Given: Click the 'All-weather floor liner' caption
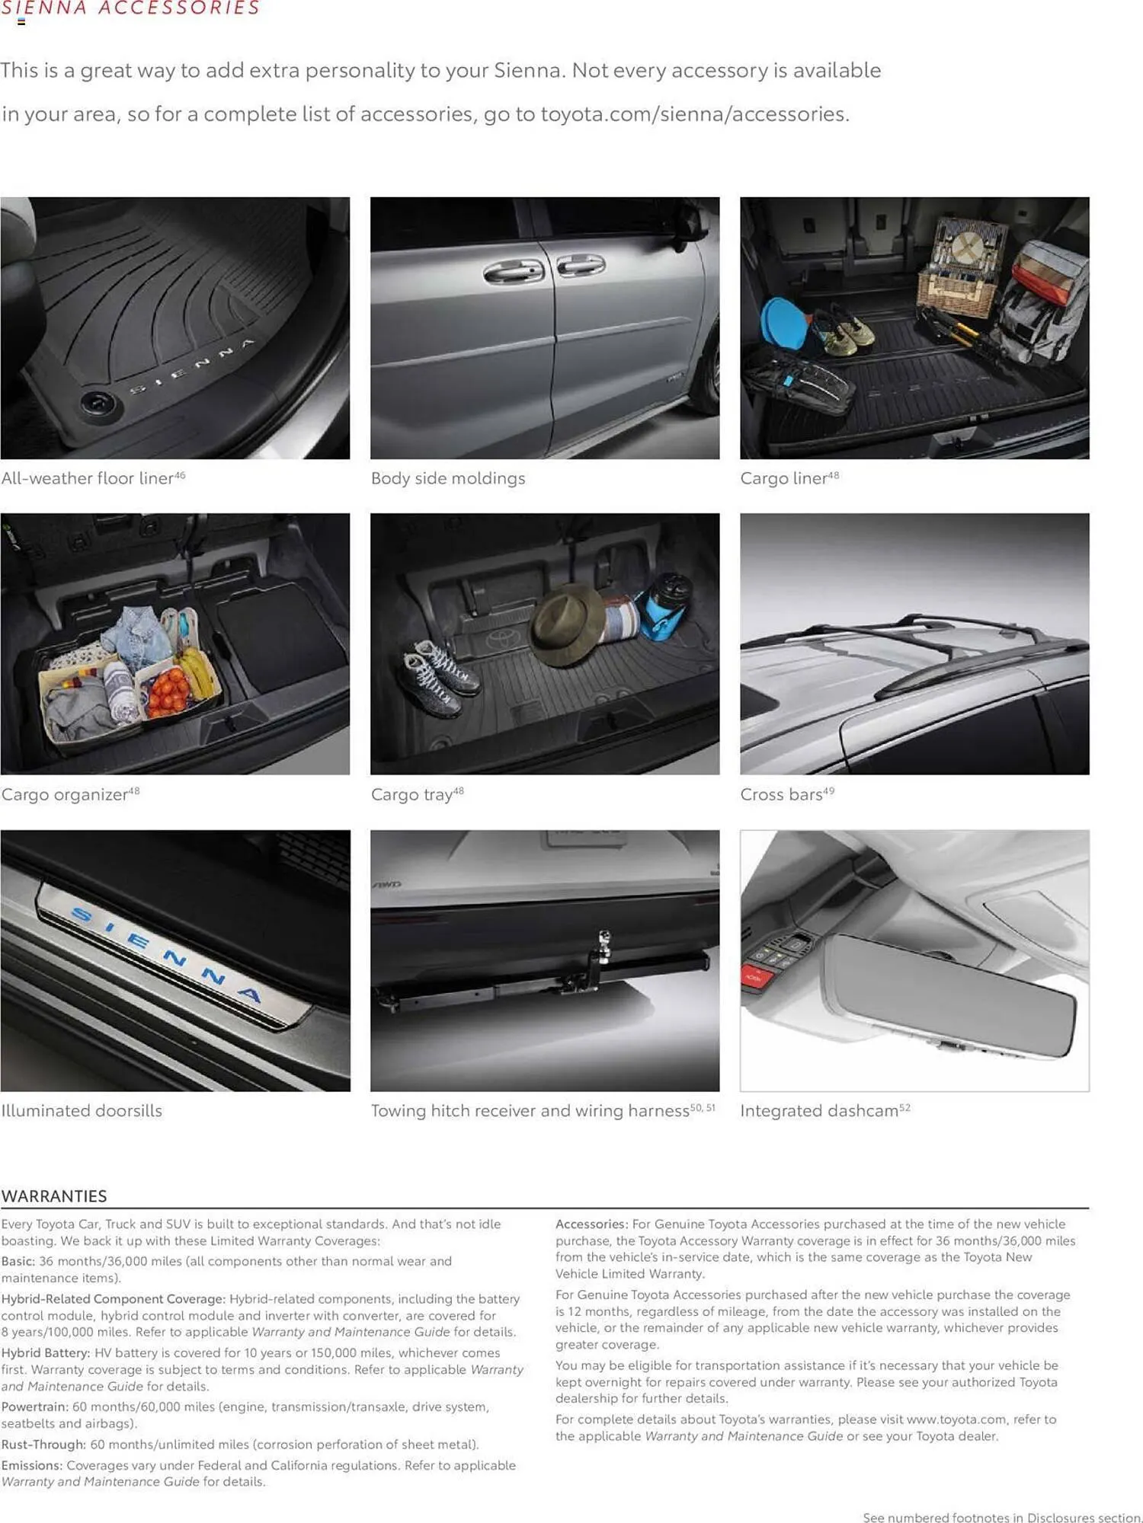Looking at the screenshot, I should [x=88, y=478].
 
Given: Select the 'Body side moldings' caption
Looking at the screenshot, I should [x=448, y=478].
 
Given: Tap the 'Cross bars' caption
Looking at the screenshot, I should [x=781, y=794].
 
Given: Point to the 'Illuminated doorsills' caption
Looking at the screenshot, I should [x=82, y=1110].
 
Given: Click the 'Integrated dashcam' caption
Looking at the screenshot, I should [x=819, y=1110].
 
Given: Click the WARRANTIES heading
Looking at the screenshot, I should [x=54, y=1196].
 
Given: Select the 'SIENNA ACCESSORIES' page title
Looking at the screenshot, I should [x=130, y=8].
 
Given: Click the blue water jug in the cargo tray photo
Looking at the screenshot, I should [x=666, y=605].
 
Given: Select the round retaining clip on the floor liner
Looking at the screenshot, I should [x=98, y=402].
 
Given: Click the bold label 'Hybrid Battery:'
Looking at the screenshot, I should [x=46, y=1352].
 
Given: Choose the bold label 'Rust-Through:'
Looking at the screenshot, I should [x=43, y=1444].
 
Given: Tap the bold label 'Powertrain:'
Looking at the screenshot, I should [x=35, y=1406].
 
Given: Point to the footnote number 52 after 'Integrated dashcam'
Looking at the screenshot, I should [x=905, y=1107].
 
